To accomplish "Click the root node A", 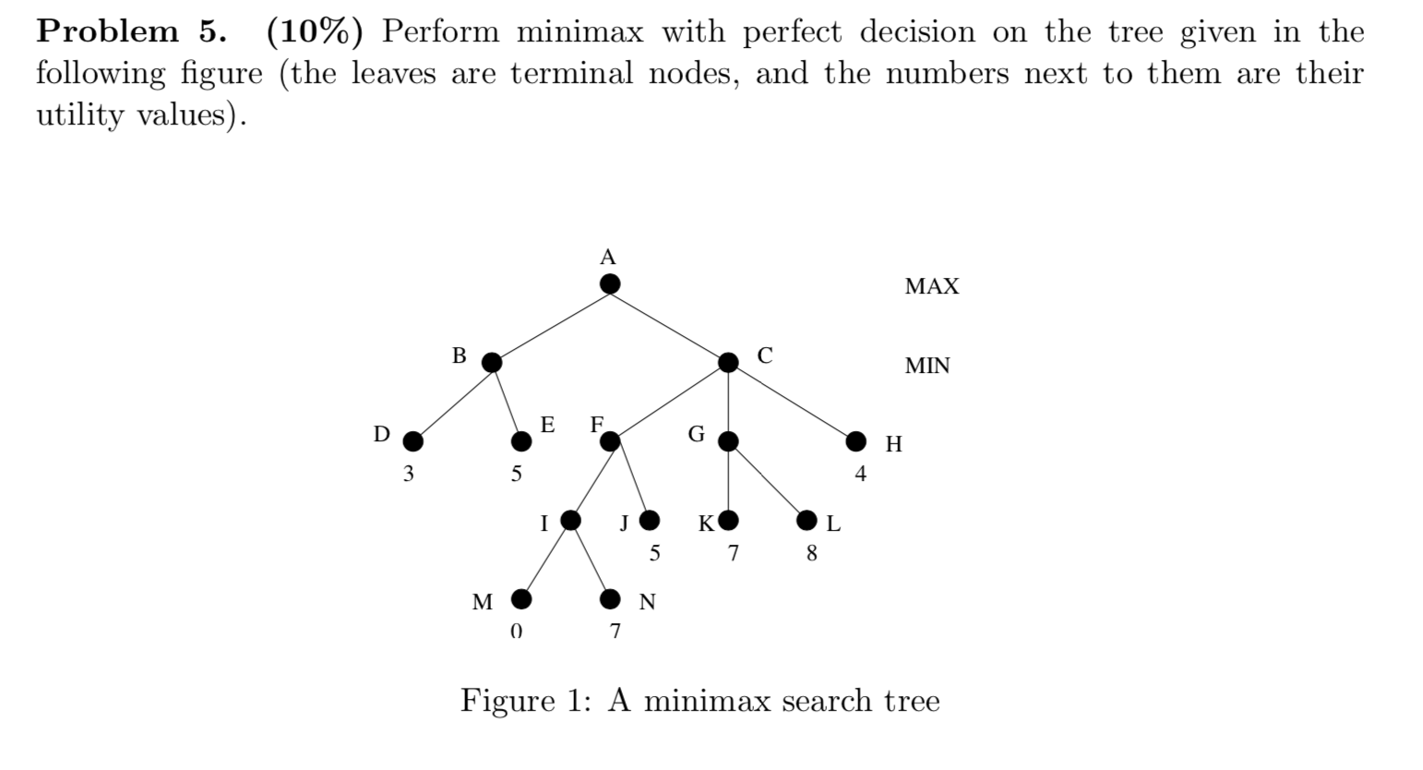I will pyautogui.click(x=609, y=283).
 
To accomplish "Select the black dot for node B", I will pyautogui.click(x=492, y=363).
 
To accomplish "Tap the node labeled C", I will pyautogui.click(x=728, y=363).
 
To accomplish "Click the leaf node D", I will pyautogui.click(x=413, y=442).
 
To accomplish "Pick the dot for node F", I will pyautogui.click(x=610, y=442).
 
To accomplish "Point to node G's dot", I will pyautogui.click(x=728, y=442).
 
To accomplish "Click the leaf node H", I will pyautogui.click(x=856, y=442).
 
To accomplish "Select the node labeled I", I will pyautogui.click(x=571, y=521).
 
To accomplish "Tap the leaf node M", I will pyautogui.click(x=521, y=600).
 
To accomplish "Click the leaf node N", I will pyautogui.click(x=610, y=600).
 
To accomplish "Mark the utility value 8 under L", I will pyautogui.click(x=811, y=554).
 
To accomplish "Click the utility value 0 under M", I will pyautogui.click(x=516, y=632).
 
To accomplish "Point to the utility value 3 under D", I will pyautogui.click(x=408, y=475).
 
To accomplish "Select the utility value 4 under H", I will pyautogui.click(x=860, y=475).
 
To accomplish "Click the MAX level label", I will pyautogui.click(x=932, y=286).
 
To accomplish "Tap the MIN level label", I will pyautogui.click(x=927, y=366).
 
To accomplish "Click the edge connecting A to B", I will pyautogui.click(x=551, y=323).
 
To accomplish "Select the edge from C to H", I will pyautogui.click(x=792, y=403).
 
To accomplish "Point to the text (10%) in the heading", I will pyautogui.click(x=314, y=31).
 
